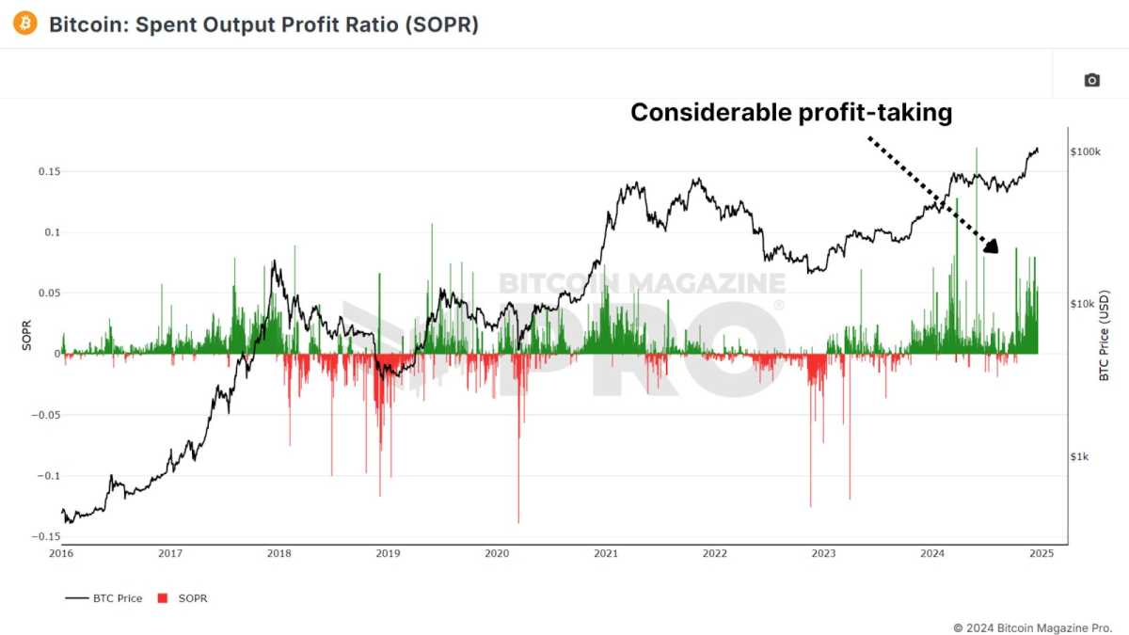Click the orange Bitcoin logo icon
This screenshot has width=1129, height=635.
tap(25, 24)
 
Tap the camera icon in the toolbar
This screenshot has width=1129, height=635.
tap(1091, 81)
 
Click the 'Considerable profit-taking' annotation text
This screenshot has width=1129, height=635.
tap(790, 113)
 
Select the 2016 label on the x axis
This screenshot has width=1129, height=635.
tap(61, 554)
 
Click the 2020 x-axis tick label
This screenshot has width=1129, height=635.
tap(497, 554)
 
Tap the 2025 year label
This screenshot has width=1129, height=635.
tap(1041, 554)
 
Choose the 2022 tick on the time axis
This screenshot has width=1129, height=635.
tap(714, 554)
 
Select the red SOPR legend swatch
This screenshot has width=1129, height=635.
tap(163, 598)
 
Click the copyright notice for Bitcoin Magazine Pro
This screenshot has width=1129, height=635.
tap(1033, 627)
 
